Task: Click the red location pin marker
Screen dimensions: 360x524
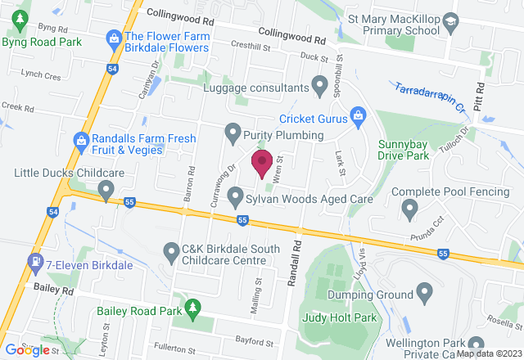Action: [262, 162]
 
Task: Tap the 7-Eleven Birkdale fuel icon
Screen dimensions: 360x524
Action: [34, 263]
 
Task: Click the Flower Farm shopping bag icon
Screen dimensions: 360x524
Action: [115, 37]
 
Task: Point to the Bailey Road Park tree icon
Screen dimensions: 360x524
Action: [193, 309]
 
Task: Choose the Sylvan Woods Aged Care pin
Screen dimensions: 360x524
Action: [236, 197]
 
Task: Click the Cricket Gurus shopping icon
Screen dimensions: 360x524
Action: [358, 118]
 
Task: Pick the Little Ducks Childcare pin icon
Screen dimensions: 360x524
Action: [105, 191]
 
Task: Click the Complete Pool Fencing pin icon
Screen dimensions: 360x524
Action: [410, 209]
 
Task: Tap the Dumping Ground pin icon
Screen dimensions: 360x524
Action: [424, 291]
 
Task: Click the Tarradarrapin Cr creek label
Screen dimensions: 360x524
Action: [425, 98]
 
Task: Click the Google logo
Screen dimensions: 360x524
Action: [27, 349]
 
